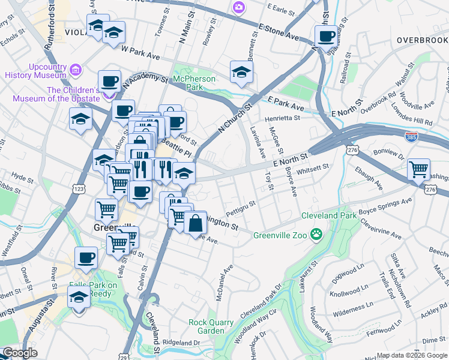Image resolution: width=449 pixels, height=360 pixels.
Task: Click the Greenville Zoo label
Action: click(280, 235)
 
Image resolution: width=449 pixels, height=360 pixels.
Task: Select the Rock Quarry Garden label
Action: click(211, 326)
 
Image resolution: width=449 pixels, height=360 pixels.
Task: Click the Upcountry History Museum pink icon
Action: click(76, 69)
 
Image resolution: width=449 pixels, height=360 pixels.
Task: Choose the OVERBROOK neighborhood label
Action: click(422, 40)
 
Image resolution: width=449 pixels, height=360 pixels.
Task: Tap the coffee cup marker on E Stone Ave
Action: click(326, 35)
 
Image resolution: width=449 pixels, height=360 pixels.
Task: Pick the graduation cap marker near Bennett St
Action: click(241, 72)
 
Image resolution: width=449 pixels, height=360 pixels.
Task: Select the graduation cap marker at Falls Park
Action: click(79, 298)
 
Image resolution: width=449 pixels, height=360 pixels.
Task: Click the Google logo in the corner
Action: click(20, 353)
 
